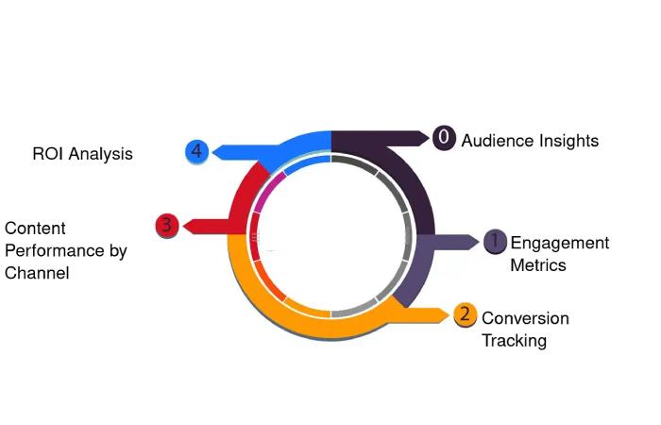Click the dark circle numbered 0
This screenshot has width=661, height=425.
pos(444,138)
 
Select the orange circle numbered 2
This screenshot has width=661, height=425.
pos(464,314)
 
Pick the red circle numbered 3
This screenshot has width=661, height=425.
pos(166,225)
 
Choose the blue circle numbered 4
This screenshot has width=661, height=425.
pos(196,151)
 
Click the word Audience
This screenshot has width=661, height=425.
pos(497,141)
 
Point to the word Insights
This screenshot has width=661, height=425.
pos(568,141)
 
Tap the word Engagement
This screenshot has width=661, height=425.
pos(560,244)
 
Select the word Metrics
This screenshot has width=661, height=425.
pos(538,265)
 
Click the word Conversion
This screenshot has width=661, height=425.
pos(525,318)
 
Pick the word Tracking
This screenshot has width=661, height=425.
pos(514,341)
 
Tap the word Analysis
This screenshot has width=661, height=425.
pos(102,153)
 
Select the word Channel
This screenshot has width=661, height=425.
pos(37,274)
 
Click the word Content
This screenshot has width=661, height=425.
pos(35,229)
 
